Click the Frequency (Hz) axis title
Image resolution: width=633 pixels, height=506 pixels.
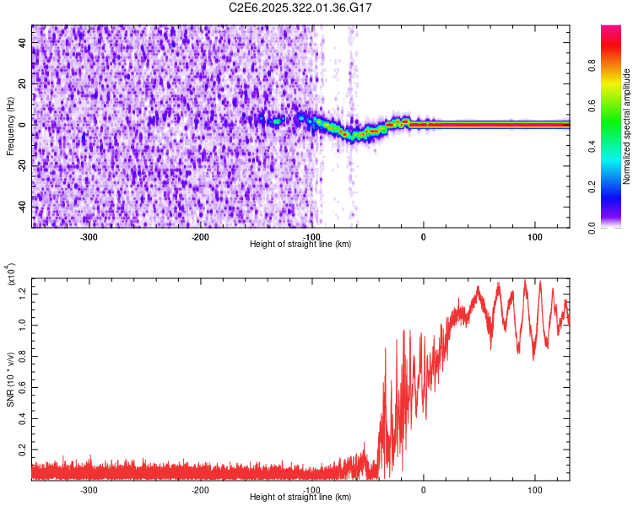click(11, 126)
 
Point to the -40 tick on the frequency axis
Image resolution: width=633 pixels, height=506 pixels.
click(24, 207)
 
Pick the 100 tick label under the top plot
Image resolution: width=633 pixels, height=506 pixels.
click(535, 236)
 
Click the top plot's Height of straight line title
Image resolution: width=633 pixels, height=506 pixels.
click(301, 244)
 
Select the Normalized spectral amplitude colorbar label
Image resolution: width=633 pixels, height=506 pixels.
click(627, 126)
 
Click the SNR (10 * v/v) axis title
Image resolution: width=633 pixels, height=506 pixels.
click(11, 379)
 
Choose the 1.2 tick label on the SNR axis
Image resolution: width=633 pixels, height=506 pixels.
click(24, 293)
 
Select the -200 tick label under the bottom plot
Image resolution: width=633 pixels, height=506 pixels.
click(201, 489)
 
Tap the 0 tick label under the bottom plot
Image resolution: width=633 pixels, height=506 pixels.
click(424, 489)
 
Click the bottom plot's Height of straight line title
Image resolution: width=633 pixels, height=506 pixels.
click(301, 497)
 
